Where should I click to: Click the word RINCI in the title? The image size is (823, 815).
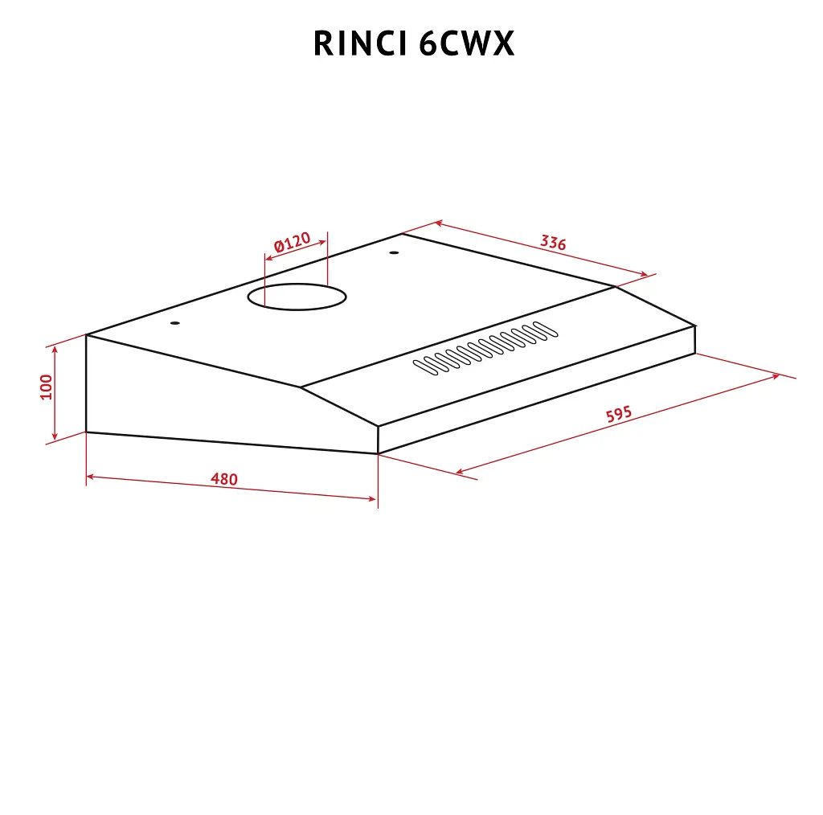(361, 43)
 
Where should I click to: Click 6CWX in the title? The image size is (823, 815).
(467, 43)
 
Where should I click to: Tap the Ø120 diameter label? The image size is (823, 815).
(293, 242)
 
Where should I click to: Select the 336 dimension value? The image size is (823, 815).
(553, 243)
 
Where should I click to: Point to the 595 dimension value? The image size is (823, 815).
(619, 414)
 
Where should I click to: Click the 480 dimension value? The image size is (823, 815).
(224, 478)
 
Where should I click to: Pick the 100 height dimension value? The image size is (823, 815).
(46, 387)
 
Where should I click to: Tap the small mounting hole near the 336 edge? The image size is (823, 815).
(394, 253)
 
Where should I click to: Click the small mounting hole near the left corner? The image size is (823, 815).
(175, 323)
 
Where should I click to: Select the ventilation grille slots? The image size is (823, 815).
(485, 348)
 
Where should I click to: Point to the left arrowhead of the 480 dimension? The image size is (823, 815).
(90, 477)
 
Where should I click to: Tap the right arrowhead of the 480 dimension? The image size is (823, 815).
(373, 498)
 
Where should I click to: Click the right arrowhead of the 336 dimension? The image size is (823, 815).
(645, 273)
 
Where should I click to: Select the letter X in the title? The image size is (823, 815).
(503, 43)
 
